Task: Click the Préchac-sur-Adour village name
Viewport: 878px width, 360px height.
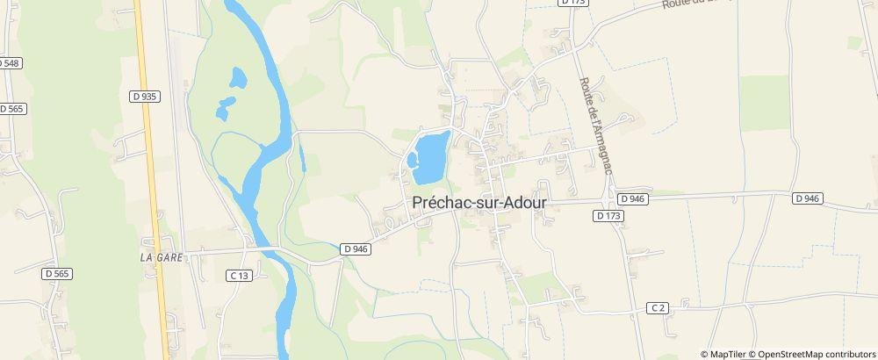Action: click(x=479, y=201)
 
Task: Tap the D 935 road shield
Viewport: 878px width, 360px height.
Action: click(x=145, y=97)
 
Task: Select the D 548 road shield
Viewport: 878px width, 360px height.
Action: click(x=9, y=63)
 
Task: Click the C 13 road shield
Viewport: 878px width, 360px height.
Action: click(x=239, y=275)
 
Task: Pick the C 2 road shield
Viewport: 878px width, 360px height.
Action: click(x=658, y=307)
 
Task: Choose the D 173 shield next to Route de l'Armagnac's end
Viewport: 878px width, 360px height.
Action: click(x=607, y=215)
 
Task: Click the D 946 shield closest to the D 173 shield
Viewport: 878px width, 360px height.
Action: click(x=632, y=199)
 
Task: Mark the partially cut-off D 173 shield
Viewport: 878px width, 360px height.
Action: click(x=574, y=3)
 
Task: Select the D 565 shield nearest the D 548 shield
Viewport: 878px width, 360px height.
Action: click(x=12, y=108)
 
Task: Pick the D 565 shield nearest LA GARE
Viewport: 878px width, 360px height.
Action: click(x=58, y=274)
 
